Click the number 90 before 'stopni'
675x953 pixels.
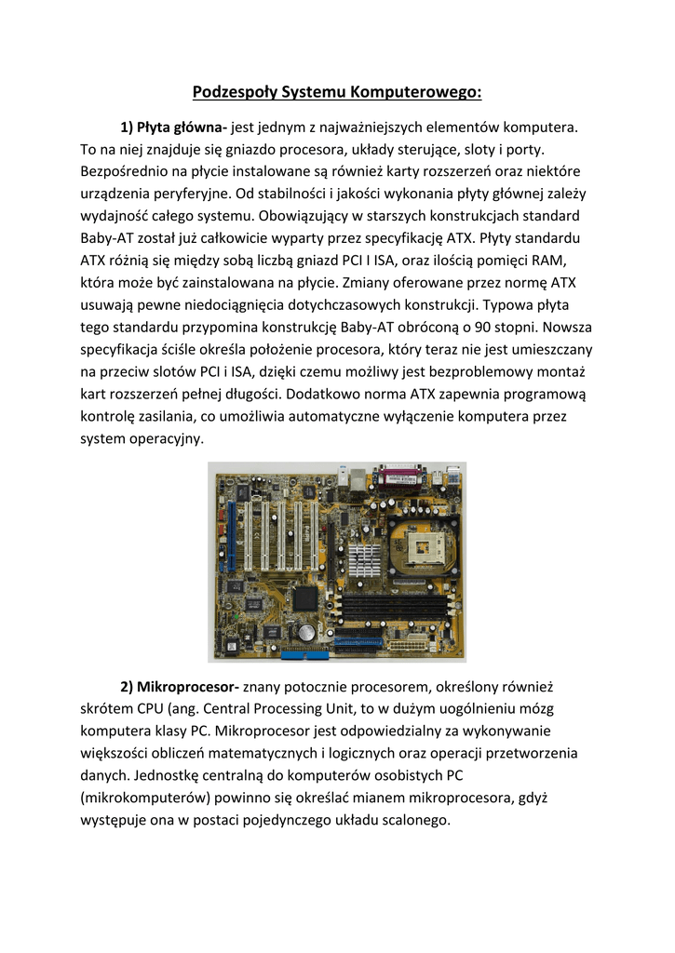click(508, 328)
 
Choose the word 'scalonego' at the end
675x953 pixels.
click(407, 821)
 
